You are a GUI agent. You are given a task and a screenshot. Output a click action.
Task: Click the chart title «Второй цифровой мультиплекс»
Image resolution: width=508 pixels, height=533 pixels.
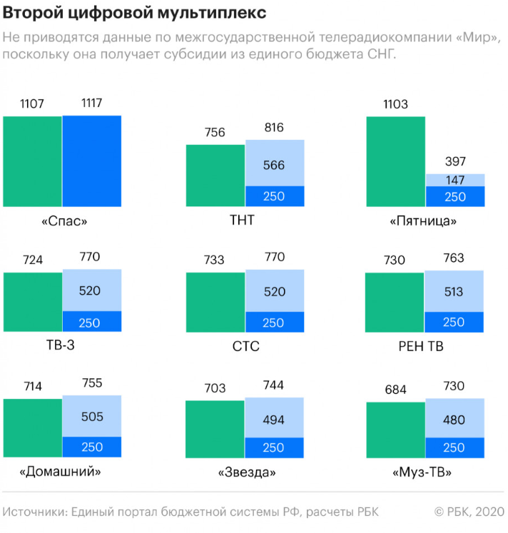pos(136,12)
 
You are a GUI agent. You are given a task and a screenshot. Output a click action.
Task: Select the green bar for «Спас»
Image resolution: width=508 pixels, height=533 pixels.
pos(32,161)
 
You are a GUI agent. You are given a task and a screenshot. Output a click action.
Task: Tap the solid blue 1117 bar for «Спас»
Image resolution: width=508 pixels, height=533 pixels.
pos(91,161)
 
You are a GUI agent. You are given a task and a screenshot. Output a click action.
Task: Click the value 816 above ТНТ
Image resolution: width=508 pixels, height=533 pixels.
pos(274,128)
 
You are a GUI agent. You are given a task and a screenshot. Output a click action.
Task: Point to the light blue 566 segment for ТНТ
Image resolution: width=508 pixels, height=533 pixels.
pos(274,163)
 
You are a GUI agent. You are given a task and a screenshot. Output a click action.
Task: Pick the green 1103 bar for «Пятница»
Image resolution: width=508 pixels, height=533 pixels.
pos(395,161)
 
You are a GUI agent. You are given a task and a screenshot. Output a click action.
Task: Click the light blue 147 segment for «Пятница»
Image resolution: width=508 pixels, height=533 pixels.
pos(455,180)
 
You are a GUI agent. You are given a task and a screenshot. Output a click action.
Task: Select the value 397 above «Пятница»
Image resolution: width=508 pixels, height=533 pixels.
pos(455,161)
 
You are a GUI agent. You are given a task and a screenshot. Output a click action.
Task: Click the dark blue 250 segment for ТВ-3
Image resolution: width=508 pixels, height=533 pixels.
pos(91,323)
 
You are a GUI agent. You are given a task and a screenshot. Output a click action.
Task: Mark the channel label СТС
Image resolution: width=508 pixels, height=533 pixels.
pos(245,347)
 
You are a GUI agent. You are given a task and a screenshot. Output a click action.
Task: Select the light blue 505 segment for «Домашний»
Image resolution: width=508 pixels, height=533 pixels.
pos(91,417)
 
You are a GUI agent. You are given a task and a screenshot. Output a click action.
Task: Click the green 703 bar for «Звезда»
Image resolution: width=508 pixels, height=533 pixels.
pos(215,429)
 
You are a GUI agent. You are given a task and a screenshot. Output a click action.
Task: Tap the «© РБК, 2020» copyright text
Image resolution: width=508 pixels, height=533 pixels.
pos(469,512)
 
